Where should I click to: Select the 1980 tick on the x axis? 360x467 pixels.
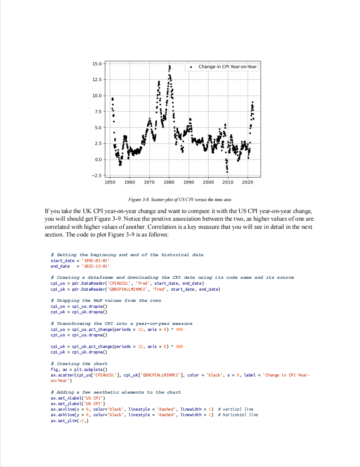pyautogui.click(x=169, y=182)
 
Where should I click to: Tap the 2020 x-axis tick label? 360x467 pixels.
pyautogui.click(x=247, y=182)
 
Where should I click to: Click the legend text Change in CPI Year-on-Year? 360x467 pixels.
pyautogui.click(x=227, y=67)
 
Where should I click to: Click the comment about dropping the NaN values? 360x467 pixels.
pyautogui.click(x=106, y=301)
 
